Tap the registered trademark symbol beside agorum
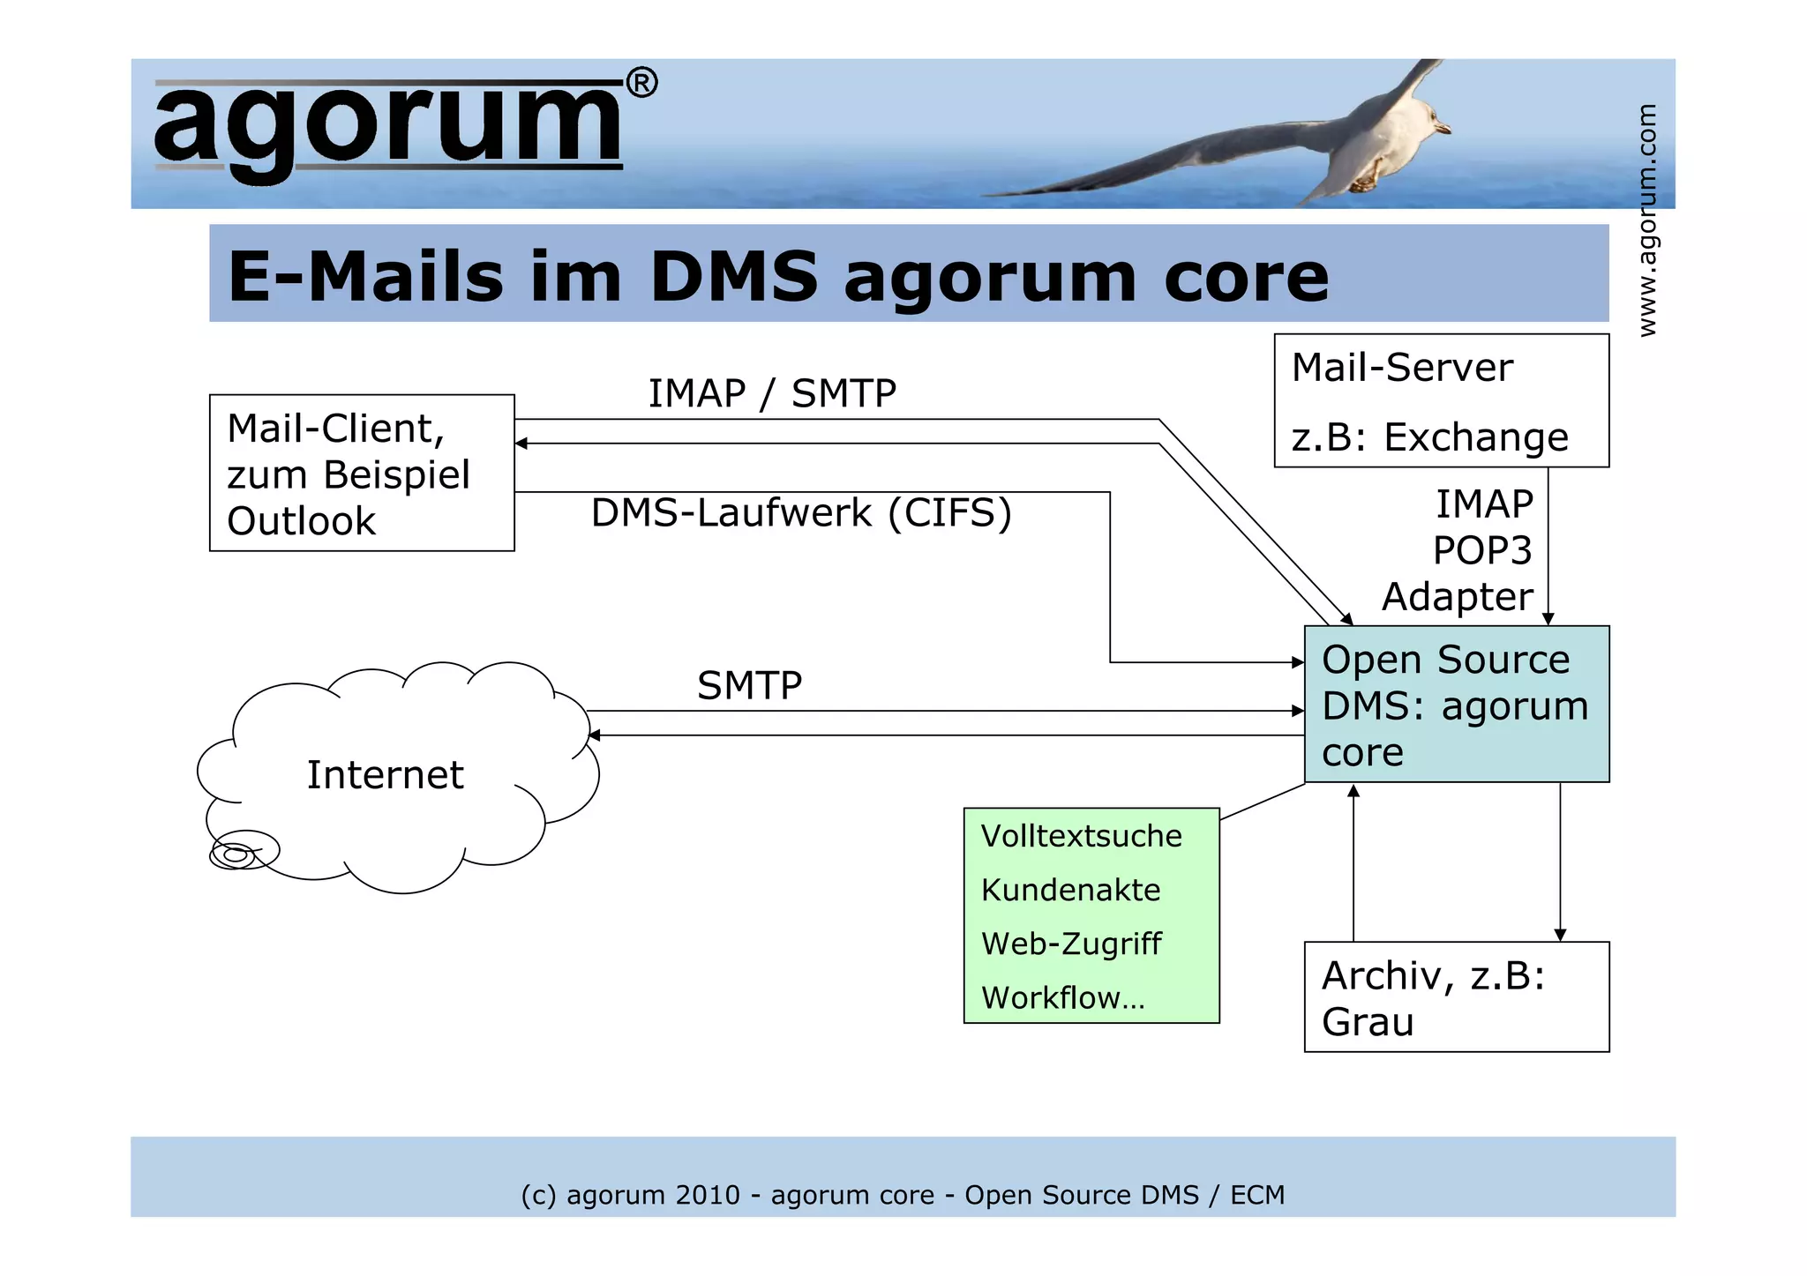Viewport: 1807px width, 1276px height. pyautogui.click(x=641, y=84)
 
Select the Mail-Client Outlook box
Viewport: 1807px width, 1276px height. pyautogui.click(x=362, y=473)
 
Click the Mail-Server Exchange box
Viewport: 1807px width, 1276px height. pyautogui.click(x=1441, y=400)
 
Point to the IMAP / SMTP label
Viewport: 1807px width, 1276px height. pyautogui.click(x=772, y=393)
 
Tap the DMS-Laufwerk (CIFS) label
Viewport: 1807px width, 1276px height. pyautogui.click(x=800, y=513)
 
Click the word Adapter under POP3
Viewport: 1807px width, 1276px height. pyautogui.click(x=1457, y=597)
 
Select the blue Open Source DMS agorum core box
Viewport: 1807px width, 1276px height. pyautogui.click(x=1456, y=705)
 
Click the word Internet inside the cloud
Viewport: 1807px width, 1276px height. pyautogui.click(x=385, y=775)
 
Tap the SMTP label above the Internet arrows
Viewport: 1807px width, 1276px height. pyautogui.click(x=749, y=685)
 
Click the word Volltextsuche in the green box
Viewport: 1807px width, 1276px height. pyautogui.click(x=1081, y=836)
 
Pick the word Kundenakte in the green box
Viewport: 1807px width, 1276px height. pyautogui.click(x=1070, y=890)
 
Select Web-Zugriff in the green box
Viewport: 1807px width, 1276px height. pyautogui.click(x=1071, y=944)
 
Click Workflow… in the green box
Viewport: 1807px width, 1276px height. pyautogui.click(x=1062, y=997)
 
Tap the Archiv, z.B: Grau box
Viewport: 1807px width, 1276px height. pyautogui.click(x=1456, y=997)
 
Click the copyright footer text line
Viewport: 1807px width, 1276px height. pyautogui.click(x=903, y=1195)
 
